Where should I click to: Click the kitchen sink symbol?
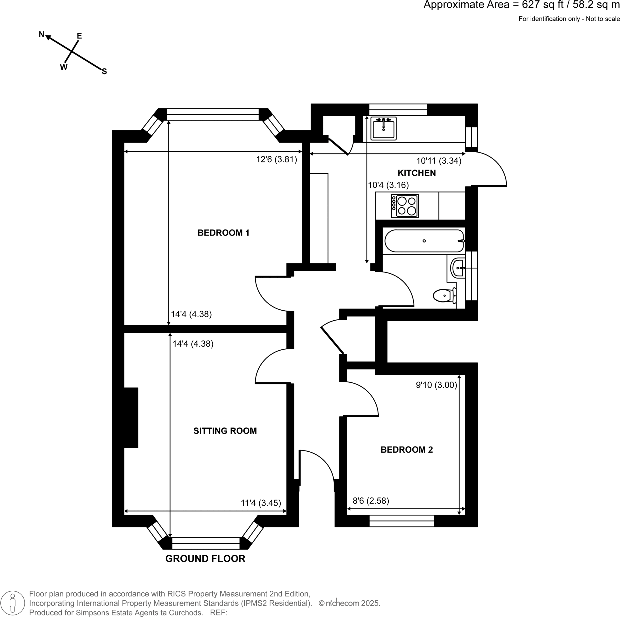click(384, 128)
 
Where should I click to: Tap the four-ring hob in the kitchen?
click(405, 206)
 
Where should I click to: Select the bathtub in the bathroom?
click(424, 241)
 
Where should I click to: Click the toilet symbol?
click(445, 295)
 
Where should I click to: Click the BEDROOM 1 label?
click(223, 233)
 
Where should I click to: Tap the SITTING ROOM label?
click(225, 431)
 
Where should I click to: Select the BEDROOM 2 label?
click(407, 450)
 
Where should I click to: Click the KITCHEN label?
click(417, 173)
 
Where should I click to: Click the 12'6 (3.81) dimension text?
click(276, 160)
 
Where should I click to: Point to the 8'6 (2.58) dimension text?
click(371, 501)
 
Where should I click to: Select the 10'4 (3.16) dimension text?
click(388, 185)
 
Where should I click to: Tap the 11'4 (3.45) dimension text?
click(261, 503)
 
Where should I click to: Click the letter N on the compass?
click(41, 34)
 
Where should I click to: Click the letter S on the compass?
click(104, 72)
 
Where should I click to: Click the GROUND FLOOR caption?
click(205, 559)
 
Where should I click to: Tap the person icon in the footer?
click(12, 603)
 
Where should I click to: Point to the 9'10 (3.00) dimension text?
click(436, 385)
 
